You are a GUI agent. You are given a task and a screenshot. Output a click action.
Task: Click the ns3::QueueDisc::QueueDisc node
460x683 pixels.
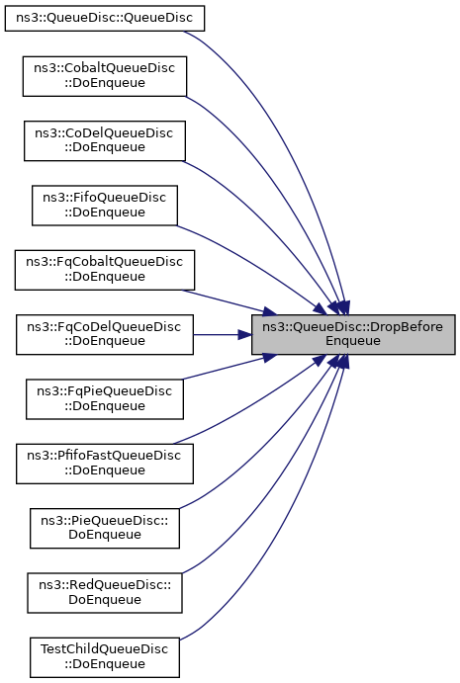[x=105, y=19]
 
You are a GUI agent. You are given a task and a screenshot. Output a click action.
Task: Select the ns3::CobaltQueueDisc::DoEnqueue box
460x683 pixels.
[x=105, y=76]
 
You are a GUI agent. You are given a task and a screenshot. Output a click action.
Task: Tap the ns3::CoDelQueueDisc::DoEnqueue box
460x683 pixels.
[x=105, y=140]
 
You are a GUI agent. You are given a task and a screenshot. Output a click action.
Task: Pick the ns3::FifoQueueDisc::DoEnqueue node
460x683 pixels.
[x=105, y=206]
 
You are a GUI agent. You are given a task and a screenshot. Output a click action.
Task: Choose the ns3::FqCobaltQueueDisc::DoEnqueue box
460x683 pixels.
[x=105, y=270]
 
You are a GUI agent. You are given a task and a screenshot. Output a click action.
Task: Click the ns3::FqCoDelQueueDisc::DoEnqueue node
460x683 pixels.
[x=105, y=334]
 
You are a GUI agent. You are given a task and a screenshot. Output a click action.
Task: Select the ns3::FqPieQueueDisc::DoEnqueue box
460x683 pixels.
[x=105, y=399]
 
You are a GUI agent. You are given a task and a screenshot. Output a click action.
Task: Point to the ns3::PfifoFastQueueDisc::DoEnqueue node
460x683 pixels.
[x=105, y=464]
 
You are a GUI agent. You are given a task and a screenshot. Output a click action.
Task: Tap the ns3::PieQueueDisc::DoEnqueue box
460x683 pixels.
[x=105, y=528]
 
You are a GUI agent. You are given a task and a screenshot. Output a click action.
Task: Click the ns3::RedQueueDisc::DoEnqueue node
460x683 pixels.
[x=105, y=592]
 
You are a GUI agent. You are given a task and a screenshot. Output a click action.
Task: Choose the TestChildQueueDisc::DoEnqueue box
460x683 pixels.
[x=105, y=657]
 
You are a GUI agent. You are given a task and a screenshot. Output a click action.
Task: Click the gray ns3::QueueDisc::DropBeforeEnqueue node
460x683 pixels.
[x=353, y=334]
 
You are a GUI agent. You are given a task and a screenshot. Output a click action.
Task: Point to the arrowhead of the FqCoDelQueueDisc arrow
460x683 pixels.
[x=244, y=334]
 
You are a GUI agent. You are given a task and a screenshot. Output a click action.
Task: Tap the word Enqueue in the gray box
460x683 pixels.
[x=353, y=341]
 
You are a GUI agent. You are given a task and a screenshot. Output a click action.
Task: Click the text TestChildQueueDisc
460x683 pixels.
[x=104, y=649]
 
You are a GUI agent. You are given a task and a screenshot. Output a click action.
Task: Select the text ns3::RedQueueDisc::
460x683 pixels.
[x=105, y=585]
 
